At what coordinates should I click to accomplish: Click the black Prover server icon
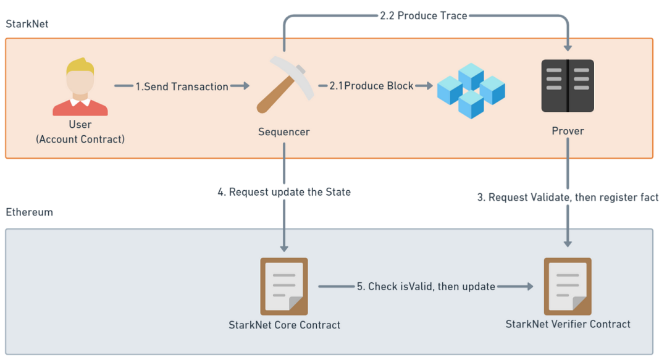tap(568, 86)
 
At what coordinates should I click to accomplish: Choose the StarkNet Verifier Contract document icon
tap(568, 286)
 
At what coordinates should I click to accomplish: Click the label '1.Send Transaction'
tap(182, 87)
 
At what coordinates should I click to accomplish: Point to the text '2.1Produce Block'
tap(371, 86)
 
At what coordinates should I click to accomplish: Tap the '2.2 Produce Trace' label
tap(423, 15)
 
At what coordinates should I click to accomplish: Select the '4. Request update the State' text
tap(284, 193)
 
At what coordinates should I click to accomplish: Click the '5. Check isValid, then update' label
tap(426, 287)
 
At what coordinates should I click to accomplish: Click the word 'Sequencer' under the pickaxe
tap(283, 132)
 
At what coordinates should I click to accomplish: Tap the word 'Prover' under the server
tap(568, 131)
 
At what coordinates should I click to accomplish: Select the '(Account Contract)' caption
tap(80, 139)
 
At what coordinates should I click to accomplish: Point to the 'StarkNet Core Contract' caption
tap(284, 325)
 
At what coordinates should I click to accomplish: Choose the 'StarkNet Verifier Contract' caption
tap(568, 324)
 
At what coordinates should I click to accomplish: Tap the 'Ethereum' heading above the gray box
tap(29, 213)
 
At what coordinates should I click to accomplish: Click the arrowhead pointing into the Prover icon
tap(568, 47)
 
